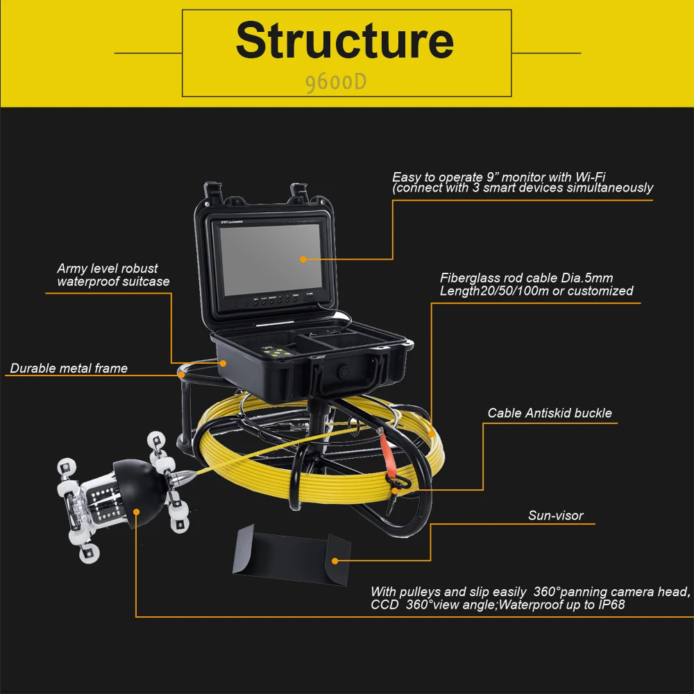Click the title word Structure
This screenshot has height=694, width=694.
point(345,41)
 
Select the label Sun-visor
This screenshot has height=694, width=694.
point(555,516)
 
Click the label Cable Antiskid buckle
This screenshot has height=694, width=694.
point(550,413)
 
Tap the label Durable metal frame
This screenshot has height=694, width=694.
point(69,369)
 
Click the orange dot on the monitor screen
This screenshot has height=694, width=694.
point(303,259)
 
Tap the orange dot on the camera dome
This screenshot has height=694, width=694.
point(137,512)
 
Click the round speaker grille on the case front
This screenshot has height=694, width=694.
point(344,372)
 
